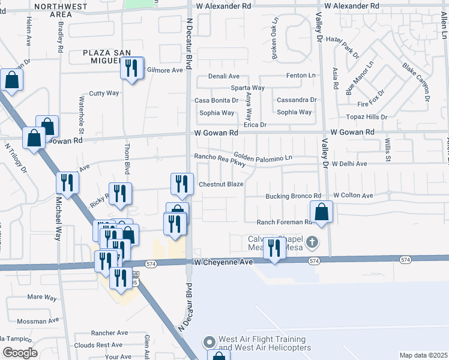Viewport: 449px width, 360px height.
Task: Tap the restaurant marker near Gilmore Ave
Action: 132,68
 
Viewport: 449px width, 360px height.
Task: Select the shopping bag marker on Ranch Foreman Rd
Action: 322,212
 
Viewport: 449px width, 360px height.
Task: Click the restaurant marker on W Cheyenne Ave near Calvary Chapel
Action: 274,248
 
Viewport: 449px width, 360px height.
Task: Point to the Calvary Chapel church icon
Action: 311,242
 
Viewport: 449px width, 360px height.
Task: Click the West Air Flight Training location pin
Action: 209,342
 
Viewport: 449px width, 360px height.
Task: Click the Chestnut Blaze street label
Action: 221,184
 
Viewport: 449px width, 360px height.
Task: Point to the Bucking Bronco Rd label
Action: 294,196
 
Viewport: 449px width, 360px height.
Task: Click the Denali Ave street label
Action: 224,77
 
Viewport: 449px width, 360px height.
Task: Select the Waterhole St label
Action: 82,113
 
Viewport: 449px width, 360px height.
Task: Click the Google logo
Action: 20,352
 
